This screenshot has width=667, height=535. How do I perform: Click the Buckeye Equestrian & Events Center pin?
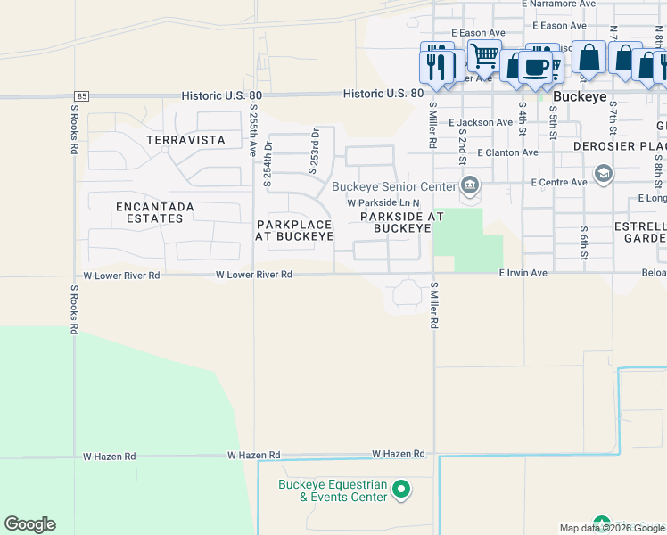tap(401, 488)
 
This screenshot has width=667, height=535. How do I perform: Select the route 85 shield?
tap(82, 95)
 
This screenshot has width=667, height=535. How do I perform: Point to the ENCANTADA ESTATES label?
tap(155, 212)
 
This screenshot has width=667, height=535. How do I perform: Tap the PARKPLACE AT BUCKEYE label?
tap(294, 230)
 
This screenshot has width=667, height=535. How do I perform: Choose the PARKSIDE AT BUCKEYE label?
tap(402, 222)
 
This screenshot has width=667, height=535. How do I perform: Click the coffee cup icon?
tap(536, 68)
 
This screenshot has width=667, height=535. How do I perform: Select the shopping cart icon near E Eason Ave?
tap(484, 55)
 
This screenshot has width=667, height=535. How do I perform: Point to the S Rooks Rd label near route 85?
tap(74, 130)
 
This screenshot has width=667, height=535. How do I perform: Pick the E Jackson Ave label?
tap(481, 122)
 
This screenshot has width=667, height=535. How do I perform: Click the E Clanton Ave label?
tap(508, 152)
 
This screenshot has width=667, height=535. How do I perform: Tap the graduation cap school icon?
tap(604, 173)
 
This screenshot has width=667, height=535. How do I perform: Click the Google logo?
tap(29, 524)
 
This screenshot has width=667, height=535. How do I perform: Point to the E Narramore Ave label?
tap(563, 4)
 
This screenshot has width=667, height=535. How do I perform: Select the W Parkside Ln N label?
tap(383, 203)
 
